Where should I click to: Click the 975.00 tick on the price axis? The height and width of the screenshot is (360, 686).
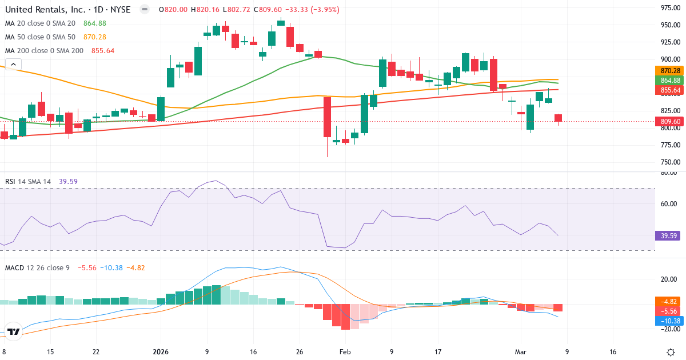click(x=669, y=8)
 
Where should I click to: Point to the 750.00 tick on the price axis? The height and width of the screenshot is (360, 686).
click(x=669, y=162)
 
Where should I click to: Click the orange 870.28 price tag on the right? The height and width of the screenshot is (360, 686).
click(x=669, y=70)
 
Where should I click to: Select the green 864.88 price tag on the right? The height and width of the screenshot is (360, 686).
click(x=669, y=81)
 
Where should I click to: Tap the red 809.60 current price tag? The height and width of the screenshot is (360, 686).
click(x=669, y=122)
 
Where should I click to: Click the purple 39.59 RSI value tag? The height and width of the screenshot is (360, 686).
click(x=669, y=235)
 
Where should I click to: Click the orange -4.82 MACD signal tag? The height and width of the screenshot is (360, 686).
click(x=669, y=301)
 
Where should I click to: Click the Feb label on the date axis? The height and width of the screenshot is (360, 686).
click(x=345, y=352)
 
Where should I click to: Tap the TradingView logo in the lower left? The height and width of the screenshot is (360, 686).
click(x=14, y=331)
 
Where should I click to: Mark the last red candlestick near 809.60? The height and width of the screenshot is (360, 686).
click(x=558, y=118)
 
